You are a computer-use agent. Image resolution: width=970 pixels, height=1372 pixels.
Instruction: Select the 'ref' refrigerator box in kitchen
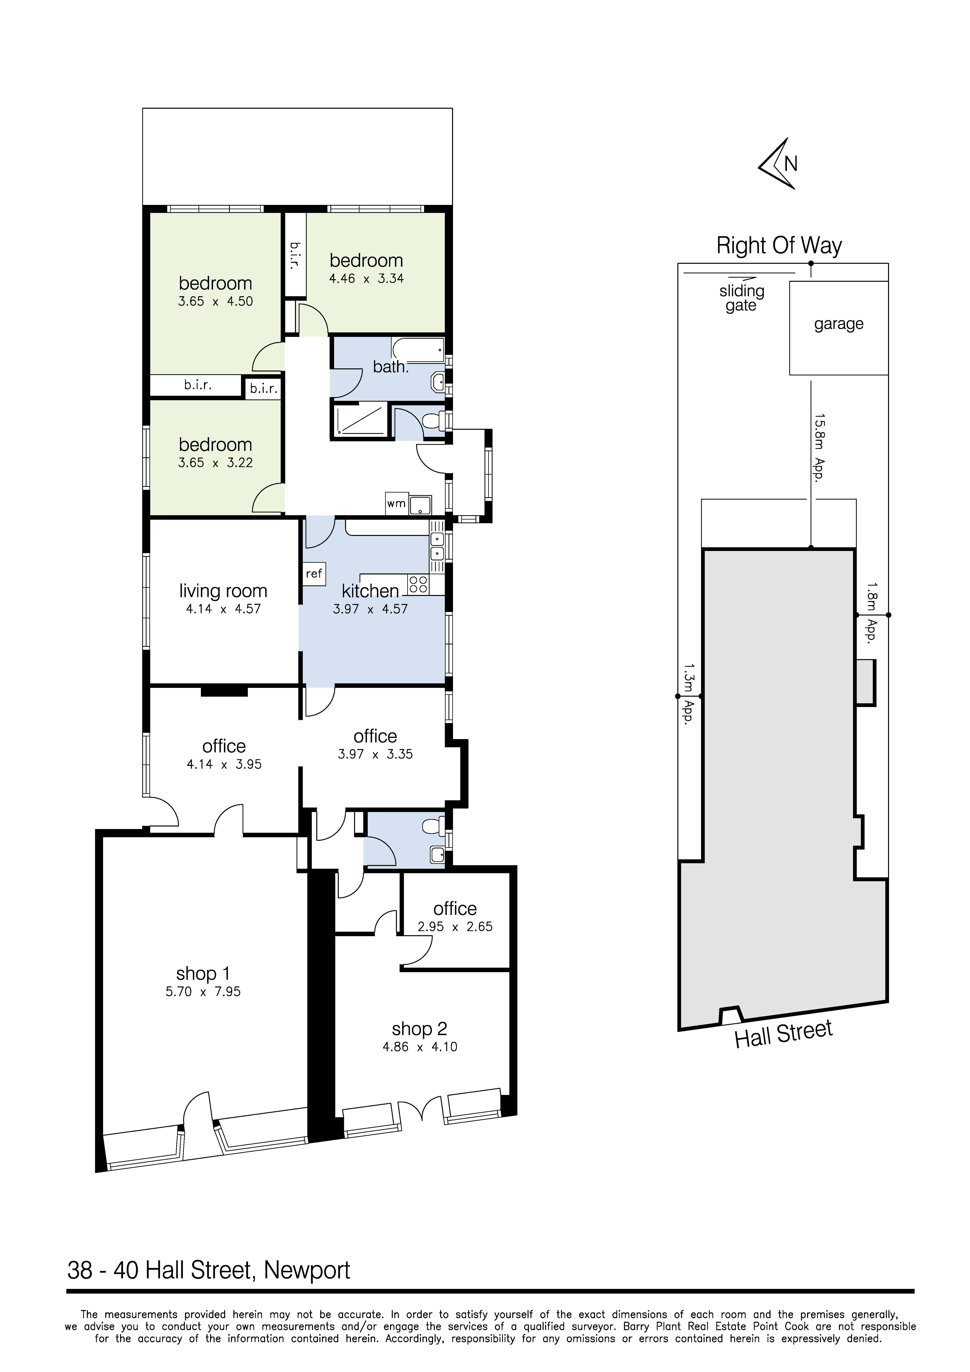[x=314, y=574]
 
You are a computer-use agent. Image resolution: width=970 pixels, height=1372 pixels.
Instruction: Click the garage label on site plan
[x=839, y=324]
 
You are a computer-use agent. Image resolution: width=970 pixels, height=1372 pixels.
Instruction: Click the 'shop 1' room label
[x=203, y=974]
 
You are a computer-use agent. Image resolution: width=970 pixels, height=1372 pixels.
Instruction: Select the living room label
[x=223, y=591]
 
